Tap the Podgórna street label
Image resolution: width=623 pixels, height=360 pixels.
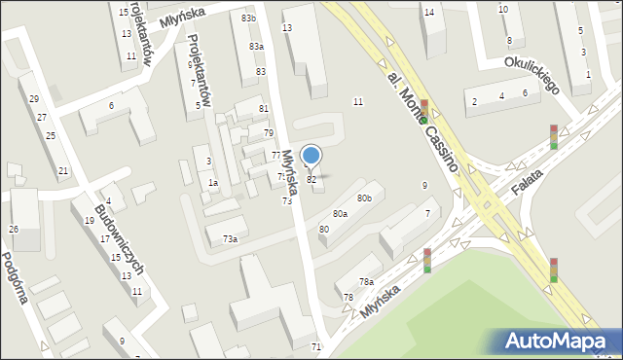[x=18, y=279]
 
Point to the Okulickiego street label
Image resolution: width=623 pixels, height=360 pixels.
[x=531, y=74]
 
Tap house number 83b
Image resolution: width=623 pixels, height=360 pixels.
[x=249, y=18]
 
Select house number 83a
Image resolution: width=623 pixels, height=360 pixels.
[x=256, y=47]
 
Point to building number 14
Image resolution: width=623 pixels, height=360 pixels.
[x=429, y=12]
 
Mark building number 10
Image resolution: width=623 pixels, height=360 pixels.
[x=502, y=10]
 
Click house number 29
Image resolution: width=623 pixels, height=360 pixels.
[x=34, y=99]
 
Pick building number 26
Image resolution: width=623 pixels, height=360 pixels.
[x=14, y=230]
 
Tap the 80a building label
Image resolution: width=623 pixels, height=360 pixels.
[x=340, y=213]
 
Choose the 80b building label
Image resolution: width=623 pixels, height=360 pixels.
[x=364, y=198]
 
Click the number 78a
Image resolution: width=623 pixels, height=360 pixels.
[x=366, y=282]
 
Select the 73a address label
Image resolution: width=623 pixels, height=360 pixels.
[x=230, y=238]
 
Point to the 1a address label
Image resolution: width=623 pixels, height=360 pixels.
[x=212, y=183]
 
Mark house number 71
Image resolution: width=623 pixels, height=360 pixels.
[x=316, y=347]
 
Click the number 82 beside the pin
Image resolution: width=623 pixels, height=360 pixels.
[x=311, y=180]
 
